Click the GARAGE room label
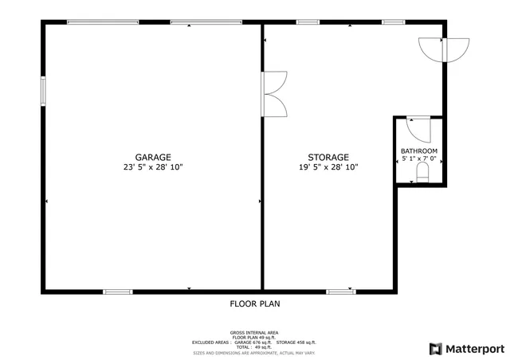(152, 158)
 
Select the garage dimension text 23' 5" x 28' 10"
(152, 168)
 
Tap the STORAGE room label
(328, 158)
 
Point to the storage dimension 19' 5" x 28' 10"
(328, 168)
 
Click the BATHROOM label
(418, 151)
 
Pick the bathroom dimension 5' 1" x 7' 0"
(418, 159)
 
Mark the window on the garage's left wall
(44, 89)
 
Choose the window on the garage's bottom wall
(117, 292)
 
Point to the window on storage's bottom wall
(340, 292)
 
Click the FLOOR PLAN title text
(255, 303)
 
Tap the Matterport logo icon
(435, 348)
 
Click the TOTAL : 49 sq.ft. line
(254, 346)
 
